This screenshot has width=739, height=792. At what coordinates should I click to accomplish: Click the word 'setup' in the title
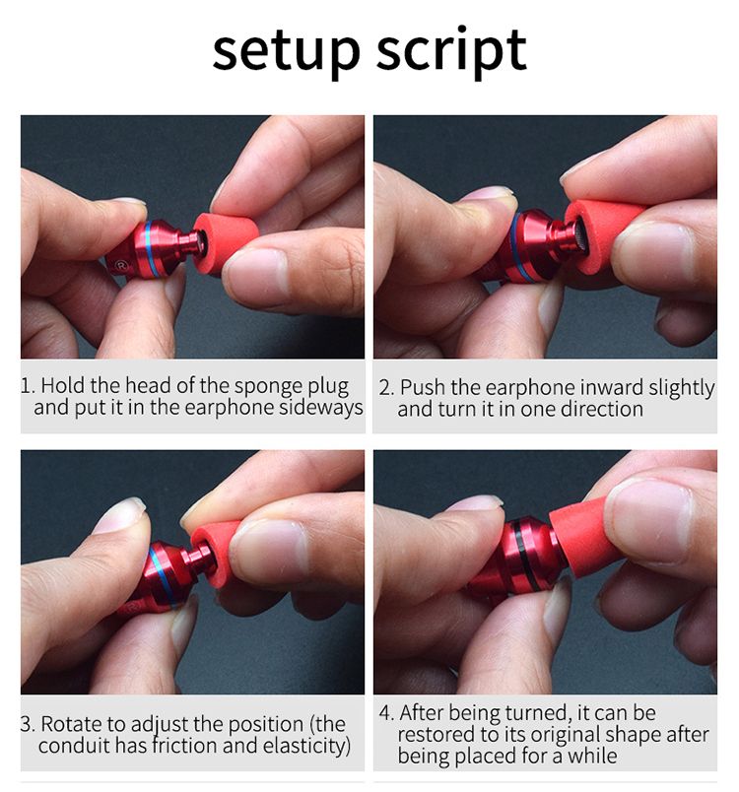click(x=286, y=51)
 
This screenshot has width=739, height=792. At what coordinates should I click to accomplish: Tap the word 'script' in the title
click(x=451, y=51)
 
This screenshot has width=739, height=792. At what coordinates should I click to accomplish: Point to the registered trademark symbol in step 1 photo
click(x=121, y=264)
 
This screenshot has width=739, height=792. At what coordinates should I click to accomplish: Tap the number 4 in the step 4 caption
click(x=385, y=712)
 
